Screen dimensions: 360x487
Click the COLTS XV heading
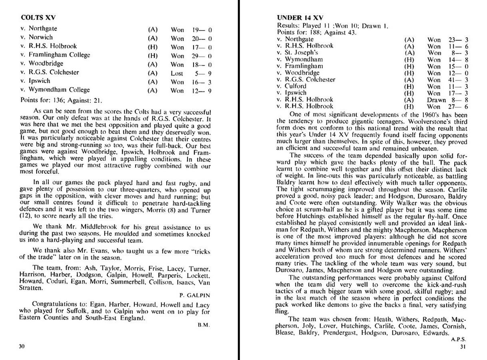point(38,18)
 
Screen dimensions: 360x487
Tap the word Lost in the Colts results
point(177,73)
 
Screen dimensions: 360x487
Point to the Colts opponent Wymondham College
point(55,90)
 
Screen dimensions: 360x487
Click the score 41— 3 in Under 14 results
point(458,80)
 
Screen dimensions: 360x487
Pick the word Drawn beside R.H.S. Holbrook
point(436,100)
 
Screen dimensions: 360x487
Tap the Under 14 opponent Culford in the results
point(295,86)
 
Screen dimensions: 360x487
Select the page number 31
point(463,346)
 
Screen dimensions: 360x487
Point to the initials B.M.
point(204,325)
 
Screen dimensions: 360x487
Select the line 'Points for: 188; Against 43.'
point(317,32)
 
